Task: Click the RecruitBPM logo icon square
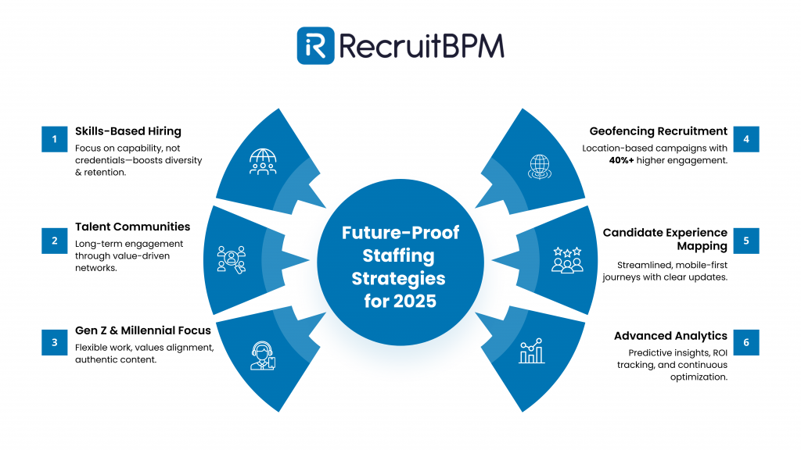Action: tap(316, 45)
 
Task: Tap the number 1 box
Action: tap(55, 140)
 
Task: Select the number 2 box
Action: tap(55, 241)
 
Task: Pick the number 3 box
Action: tap(55, 342)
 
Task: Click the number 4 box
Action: tap(746, 140)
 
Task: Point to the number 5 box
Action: tap(746, 241)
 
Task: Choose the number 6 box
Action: tap(746, 342)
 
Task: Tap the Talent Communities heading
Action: tap(132, 227)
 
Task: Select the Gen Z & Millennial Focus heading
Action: tap(142, 330)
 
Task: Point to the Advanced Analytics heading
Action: tap(670, 336)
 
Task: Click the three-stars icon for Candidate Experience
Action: tap(567, 259)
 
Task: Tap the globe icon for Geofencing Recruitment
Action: tap(540, 167)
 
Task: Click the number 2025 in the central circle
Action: tap(422, 301)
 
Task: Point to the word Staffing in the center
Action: tap(400, 255)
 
